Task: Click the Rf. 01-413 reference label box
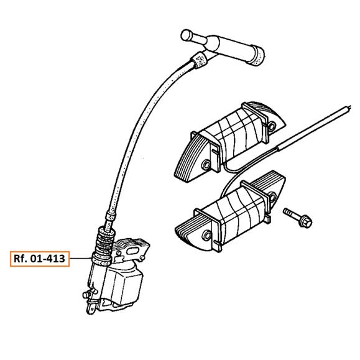(x=40, y=259)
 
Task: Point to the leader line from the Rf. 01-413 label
(x=81, y=259)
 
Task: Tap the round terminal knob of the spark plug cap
(x=186, y=35)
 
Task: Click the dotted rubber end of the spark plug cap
(x=258, y=55)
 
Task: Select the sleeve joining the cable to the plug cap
(x=200, y=60)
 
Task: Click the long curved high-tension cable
(x=142, y=129)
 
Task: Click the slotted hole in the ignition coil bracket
(x=132, y=251)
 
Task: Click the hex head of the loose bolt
(x=305, y=221)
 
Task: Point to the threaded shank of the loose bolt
(x=291, y=213)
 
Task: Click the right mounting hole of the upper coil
(x=272, y=126)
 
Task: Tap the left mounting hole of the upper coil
(x=206, y=165)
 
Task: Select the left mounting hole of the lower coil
(x=207, y=236)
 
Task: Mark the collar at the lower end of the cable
(x=111, y=216)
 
